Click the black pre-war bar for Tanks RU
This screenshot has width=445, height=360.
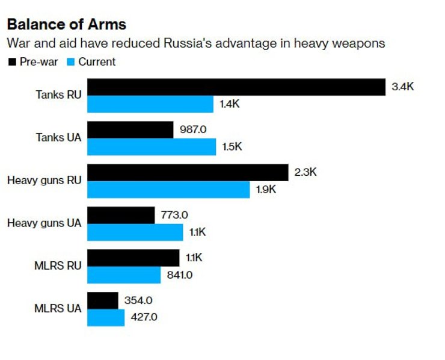(x=236, y=87)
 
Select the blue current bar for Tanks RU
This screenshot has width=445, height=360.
(x=150, y=104)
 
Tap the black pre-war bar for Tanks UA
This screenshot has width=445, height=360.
(x=130, y=129)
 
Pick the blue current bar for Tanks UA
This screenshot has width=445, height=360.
(x=152, y=147)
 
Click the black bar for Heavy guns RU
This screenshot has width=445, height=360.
(x=188, y=172)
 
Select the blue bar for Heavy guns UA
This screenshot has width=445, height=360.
(x=135, y=232)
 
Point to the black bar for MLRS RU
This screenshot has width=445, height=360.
(x=133, y=258)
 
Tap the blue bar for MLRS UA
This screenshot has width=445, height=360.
(x=106, y=317)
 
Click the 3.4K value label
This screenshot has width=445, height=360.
(x=402, y=87)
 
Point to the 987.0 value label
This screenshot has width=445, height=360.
(x=193, y=129)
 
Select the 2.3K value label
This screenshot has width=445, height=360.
(x=305, y=172)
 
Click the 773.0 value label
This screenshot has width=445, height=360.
(x=174, y=215)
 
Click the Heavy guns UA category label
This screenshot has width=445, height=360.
(x=44, y=223)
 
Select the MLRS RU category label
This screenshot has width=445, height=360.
(x=58, y=266)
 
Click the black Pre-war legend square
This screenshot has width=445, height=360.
(x=11, y=61)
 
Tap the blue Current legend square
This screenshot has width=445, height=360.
(x=70, y=61)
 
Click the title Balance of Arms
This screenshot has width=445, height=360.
(x=66, y=25)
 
